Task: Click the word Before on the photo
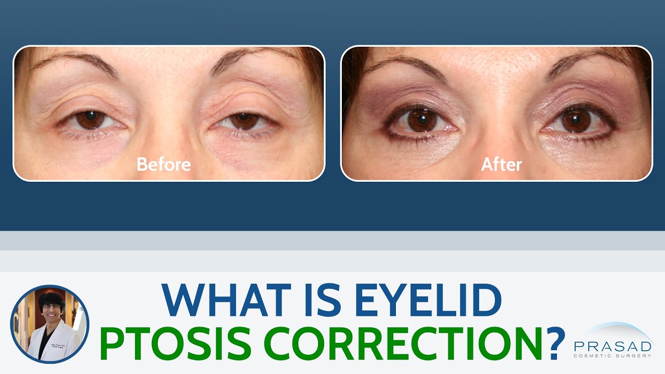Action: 164,165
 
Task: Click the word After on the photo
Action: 501,165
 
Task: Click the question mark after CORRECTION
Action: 554,344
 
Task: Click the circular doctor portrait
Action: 50,324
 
